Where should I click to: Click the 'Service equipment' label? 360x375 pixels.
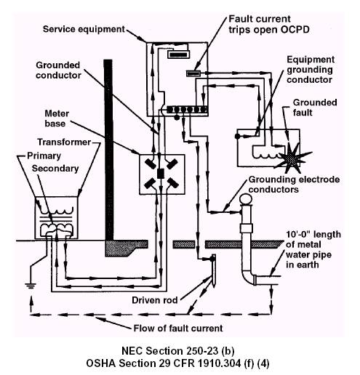[84, 29]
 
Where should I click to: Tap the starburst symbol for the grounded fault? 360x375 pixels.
[292, 158]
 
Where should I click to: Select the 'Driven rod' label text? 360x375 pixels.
[155, 300]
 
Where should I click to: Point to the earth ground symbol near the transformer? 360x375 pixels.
[31, 286]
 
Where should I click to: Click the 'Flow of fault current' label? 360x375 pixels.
[178, 328]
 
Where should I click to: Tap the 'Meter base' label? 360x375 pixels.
[57, 118]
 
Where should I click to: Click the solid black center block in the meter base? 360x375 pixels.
[161, 174]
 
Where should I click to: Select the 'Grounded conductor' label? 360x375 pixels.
[58, 70]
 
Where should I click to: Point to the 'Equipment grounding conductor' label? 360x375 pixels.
[311, 70]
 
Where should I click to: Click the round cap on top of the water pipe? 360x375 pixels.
[246, 199]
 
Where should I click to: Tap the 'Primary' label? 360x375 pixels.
[44, 156]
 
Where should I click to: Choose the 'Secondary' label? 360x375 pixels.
[55, 169]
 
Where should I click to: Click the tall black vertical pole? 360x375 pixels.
[108, 150]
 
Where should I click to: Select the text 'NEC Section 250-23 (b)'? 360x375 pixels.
[177, 351]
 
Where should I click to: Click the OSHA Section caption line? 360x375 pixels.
[177, 363]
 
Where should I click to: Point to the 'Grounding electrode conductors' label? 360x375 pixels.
[294, 185]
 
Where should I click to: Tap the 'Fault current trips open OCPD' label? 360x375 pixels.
[269, 24]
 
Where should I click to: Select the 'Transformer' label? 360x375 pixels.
[64, 142]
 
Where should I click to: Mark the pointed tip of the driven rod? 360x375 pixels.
[214, 287]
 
